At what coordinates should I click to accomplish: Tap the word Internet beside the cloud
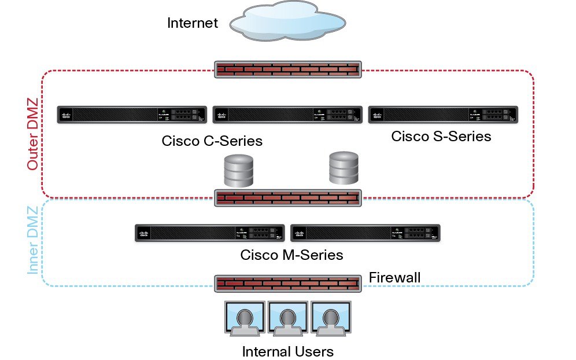coord(193,24)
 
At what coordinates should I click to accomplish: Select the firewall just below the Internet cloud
coord(288,70)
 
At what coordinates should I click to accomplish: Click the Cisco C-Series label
coord(212,141)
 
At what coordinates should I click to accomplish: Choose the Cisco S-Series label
coord(441,137)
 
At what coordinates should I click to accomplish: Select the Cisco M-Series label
coord(292,255)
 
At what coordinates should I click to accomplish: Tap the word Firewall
coord(395,278)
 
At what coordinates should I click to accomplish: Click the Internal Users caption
coord(287,351)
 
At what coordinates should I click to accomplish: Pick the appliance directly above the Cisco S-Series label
coord(443,115)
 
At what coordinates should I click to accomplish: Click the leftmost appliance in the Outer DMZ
coord(132,115)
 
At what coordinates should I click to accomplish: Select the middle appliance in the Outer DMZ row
coord(287,115)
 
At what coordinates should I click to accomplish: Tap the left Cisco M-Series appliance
coord(209,233)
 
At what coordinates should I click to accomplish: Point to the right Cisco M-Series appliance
coord(365,233)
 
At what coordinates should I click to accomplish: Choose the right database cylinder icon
coord(344,168)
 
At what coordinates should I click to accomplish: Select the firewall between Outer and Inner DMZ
coord(288,198)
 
